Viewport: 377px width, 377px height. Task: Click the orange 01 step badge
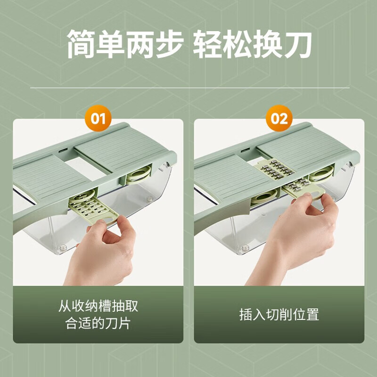(98, 118)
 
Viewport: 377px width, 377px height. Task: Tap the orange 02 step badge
(279, 118)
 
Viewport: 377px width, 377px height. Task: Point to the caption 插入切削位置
(279, 315)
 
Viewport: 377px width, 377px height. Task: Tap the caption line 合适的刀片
(98, 325)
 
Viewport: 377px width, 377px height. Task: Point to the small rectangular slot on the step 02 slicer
(244, 152)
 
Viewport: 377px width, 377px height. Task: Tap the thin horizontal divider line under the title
(188, 88)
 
